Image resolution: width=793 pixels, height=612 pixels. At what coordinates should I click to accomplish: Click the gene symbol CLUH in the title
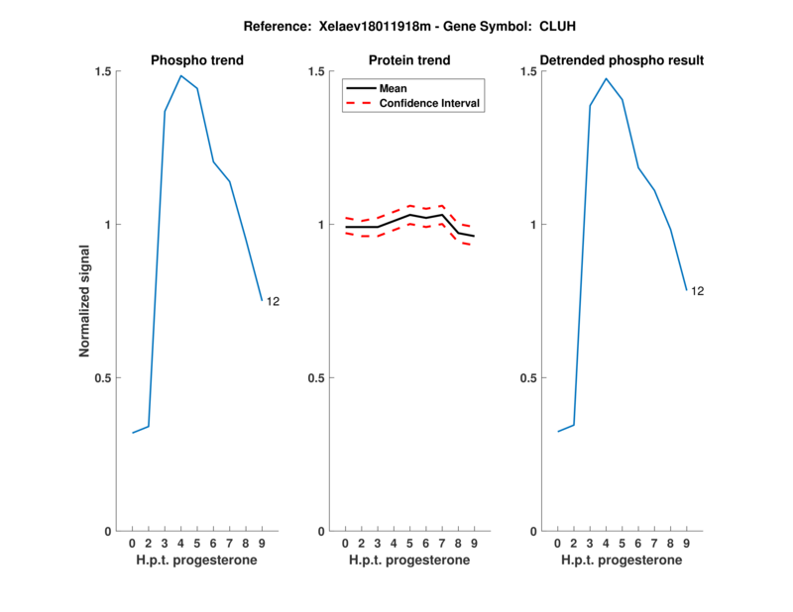tap(529, 26)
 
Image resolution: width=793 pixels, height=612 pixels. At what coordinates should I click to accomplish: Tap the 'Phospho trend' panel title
tap(196, 60)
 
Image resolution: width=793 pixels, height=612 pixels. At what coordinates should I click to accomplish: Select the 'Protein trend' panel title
tap(409, 60)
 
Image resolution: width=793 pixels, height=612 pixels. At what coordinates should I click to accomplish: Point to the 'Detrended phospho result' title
tap(622, 60)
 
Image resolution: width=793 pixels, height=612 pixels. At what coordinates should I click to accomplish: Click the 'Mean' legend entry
tap(394, 88)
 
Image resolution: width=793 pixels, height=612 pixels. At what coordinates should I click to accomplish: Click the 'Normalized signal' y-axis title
tap(85, 301)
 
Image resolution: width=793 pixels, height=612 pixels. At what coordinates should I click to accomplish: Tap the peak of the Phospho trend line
tap(180, 76)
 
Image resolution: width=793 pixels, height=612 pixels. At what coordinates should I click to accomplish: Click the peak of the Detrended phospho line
tap(606, 79)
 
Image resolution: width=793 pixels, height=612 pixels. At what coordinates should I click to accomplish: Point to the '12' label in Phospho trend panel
tap(273, 301)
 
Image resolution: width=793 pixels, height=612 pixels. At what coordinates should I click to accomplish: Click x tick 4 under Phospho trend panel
tap(180, 543)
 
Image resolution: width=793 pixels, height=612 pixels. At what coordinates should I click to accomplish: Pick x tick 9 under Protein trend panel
tap(474, 543)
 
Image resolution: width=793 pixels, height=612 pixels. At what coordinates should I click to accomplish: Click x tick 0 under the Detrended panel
tap(558, 543)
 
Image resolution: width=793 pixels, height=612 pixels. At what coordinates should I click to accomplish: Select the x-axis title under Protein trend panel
tap(409, 560)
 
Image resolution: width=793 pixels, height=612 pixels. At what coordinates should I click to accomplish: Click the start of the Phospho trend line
tap(133, 433)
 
